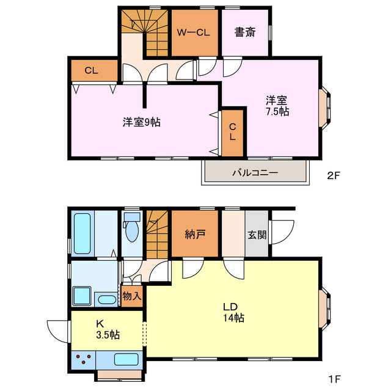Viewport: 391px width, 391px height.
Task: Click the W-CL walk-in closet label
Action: pos(194,33)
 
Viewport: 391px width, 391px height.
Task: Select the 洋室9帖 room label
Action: pos(141,122)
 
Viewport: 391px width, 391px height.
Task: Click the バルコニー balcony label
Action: pos(255,173)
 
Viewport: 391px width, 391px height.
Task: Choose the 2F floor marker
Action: pos(333,176)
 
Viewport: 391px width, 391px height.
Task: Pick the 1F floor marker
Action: pos(333,378)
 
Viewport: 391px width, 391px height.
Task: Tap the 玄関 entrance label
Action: pos(257,234)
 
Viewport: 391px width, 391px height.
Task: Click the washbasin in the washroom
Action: pos(106,299)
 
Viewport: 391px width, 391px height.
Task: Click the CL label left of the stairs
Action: pos(91,71)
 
